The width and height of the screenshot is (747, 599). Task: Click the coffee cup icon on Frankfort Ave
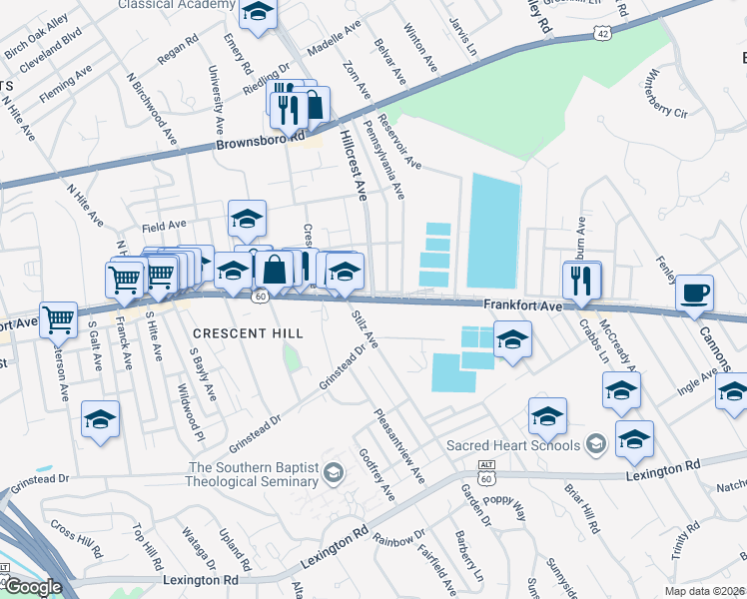tap(694, 294)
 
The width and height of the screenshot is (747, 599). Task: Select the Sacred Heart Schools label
tap(514, 442)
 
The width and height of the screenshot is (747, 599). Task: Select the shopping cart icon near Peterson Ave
tap(59, 319)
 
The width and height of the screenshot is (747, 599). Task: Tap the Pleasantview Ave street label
tap(399, 446)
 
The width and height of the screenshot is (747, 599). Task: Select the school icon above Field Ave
tap(247, 218)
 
